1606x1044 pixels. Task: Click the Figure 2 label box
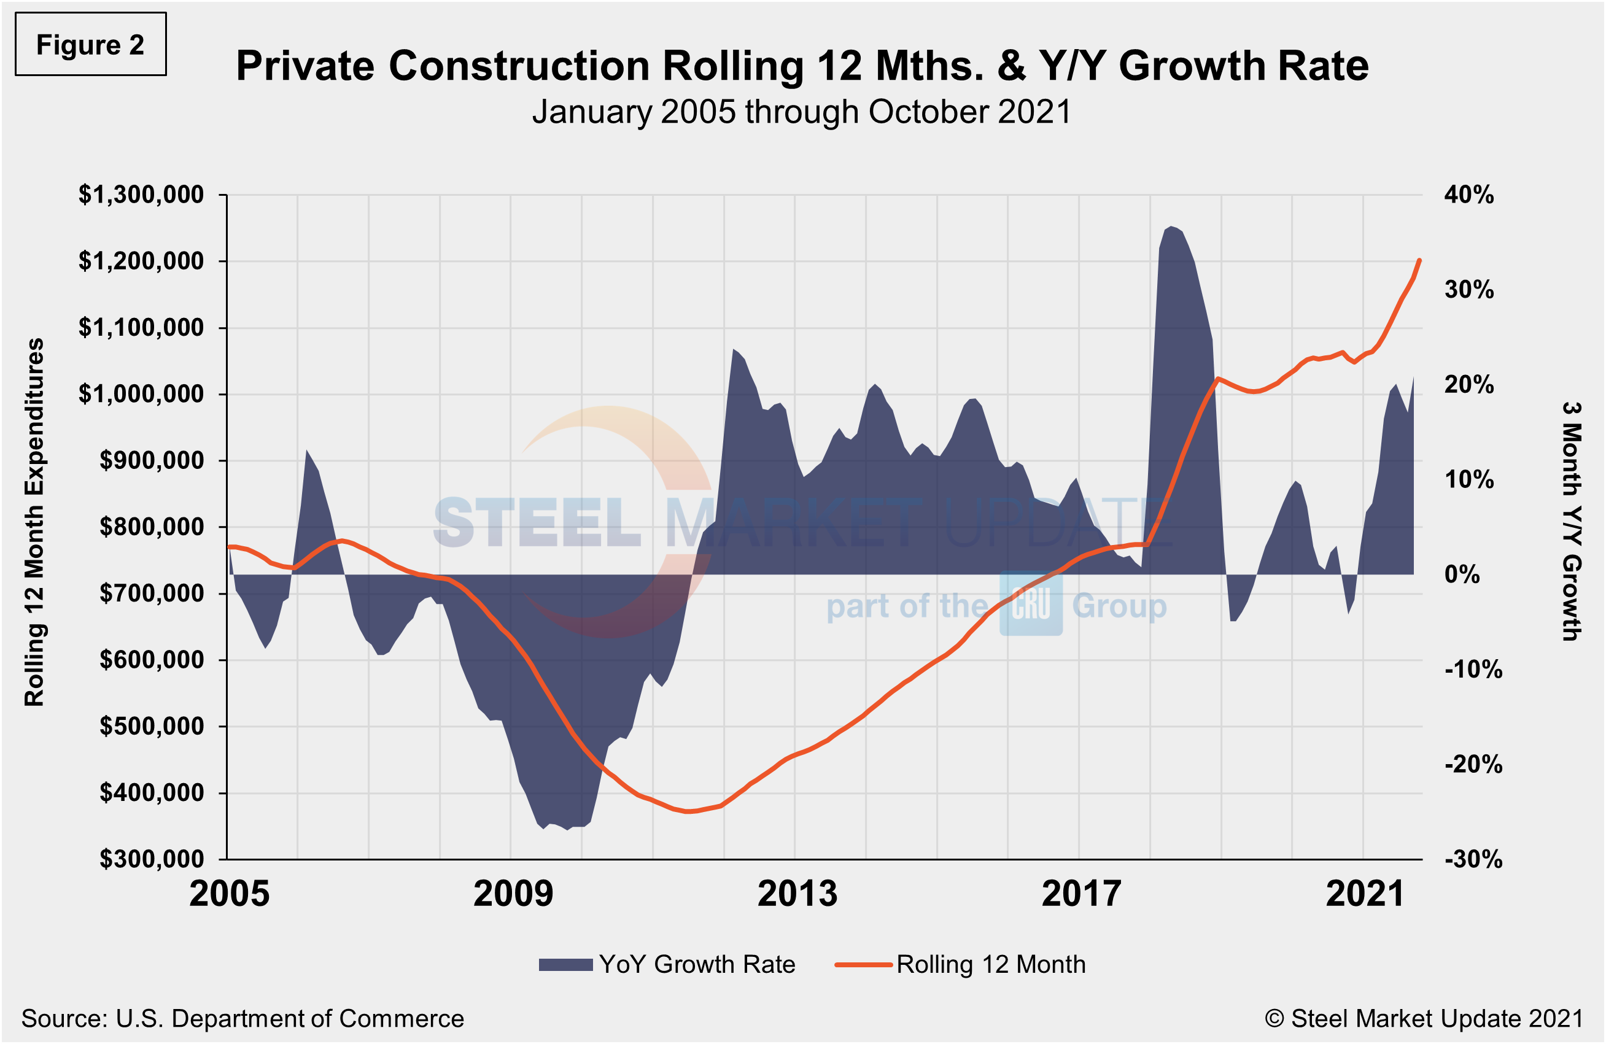click(x=90, y=45)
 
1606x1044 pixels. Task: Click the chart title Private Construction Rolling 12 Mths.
click(x=802, y=66)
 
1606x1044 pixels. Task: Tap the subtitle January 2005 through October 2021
click(x=801, y=112)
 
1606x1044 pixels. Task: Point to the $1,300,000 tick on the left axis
click(x=141, y=195)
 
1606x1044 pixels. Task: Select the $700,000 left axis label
click(x=151, y=594)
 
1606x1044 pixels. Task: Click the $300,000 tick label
click(x=151, y=859)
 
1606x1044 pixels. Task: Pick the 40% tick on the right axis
click(x=1468, y=195)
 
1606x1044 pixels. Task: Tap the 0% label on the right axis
click(x=1462, y=574)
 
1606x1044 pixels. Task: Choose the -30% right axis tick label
click(x=1473, y=859)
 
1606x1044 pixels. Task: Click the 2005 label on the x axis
click(x=230, y=894)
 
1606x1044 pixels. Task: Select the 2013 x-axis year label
click(x=797, y=894)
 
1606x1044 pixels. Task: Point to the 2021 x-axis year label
click(x=1365, y=894)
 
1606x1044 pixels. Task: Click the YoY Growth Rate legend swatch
click(x=565, y=965)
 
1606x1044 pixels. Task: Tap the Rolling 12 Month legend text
click(x=991, y=965)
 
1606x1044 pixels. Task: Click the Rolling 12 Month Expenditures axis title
click(x=34, y=523)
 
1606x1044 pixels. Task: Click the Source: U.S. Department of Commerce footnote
click(x=242, y=1019)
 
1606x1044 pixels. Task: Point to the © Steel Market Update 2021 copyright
click(x=1424, y=1019)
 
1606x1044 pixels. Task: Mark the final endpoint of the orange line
click(x=1420, y=260)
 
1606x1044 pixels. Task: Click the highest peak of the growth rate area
click(x=1171, y=226)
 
